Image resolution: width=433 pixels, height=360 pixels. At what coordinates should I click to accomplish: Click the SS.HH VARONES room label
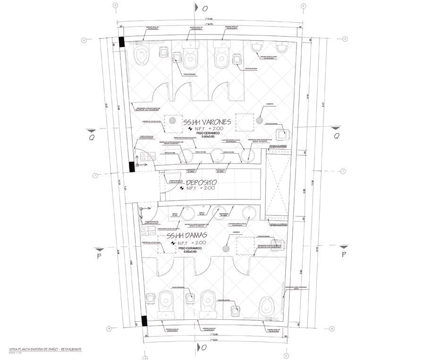click(207, 121)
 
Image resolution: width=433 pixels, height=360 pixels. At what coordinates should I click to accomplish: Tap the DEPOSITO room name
click(201, 182)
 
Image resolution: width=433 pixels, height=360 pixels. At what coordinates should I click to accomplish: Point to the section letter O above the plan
click(204, 9)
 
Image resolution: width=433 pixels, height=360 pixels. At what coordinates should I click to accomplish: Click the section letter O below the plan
click(204, 348)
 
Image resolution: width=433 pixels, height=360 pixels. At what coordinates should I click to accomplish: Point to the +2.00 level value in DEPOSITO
click(207, 188)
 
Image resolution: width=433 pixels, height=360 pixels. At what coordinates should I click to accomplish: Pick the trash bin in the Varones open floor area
click(283, 135)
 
